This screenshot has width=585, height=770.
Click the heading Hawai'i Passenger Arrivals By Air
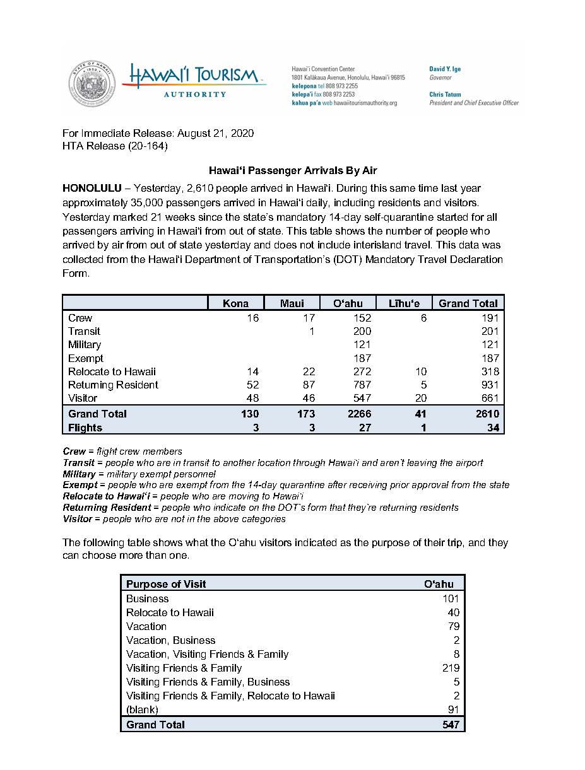point(293,170)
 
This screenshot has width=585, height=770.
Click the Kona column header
point(235,303)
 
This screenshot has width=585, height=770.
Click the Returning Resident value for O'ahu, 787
point(362,385)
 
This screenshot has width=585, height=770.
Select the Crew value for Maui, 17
point(308,318)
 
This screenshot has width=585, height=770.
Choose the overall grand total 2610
point(487,414)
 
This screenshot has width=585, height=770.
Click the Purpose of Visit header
point(166,584)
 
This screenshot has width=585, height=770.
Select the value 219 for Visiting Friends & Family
point(451,668)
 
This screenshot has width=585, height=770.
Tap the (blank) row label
point(142,709)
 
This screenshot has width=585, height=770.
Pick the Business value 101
point(451,598)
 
